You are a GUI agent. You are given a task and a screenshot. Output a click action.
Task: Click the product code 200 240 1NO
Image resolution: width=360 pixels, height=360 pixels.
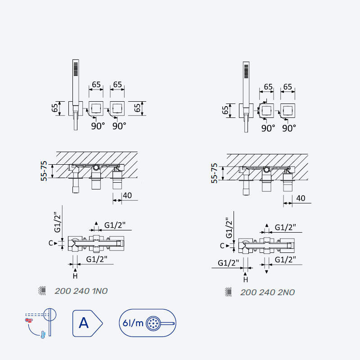point(81,291)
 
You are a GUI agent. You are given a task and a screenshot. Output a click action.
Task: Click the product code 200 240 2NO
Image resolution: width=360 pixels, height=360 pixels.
point(267,292)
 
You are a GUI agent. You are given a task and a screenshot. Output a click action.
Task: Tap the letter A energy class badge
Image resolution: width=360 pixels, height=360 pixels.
point(87,323)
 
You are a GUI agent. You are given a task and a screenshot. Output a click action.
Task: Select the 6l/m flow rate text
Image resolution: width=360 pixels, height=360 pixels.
point(133,323)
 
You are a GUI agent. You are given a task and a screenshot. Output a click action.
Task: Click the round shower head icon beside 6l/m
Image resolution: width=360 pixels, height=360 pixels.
point(153,324)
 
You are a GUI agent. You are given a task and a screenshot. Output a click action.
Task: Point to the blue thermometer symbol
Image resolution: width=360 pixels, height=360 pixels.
point(43,334)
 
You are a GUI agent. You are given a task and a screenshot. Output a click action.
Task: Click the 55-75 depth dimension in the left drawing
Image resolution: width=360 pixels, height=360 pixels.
point(44,171)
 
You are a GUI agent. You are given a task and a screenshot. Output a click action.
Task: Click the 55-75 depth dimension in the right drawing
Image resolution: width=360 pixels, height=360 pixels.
point(214,173)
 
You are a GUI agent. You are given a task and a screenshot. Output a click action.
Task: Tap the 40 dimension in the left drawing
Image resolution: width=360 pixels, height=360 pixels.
point(127,195)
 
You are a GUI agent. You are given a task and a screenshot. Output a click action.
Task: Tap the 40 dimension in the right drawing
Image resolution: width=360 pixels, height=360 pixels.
point(301,198)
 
